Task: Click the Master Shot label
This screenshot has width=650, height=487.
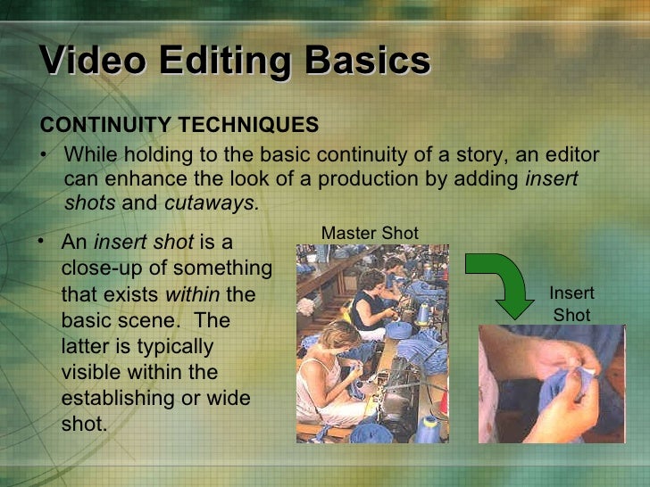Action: tap(369, 233)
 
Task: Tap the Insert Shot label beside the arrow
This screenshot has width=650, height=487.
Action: tap(571, 304)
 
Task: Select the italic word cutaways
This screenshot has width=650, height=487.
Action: tap(210, 202)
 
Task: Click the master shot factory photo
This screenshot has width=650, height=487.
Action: tap(372, 343)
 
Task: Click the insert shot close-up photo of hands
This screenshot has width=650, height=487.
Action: tap(550, 384)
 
